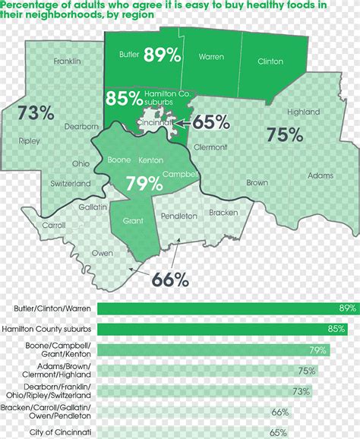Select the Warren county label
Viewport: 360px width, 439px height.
(211, 56)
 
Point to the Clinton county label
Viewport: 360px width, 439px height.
(270, 62)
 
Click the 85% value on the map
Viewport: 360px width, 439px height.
(124, 98)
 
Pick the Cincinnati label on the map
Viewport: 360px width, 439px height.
(154, 122)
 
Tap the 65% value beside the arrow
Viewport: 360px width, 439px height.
(212, 122)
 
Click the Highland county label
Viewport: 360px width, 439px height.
(303, 112)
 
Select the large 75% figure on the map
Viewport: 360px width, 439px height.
(285, 134)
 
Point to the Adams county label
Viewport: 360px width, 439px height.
(321, 175)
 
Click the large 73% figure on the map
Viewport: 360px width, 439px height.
(36, 113)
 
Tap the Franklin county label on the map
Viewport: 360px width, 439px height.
(68, 61)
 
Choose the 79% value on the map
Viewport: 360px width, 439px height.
(144, 183)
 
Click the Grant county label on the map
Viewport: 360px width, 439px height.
(133, 221)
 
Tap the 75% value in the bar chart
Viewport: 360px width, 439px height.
(306, 371)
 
